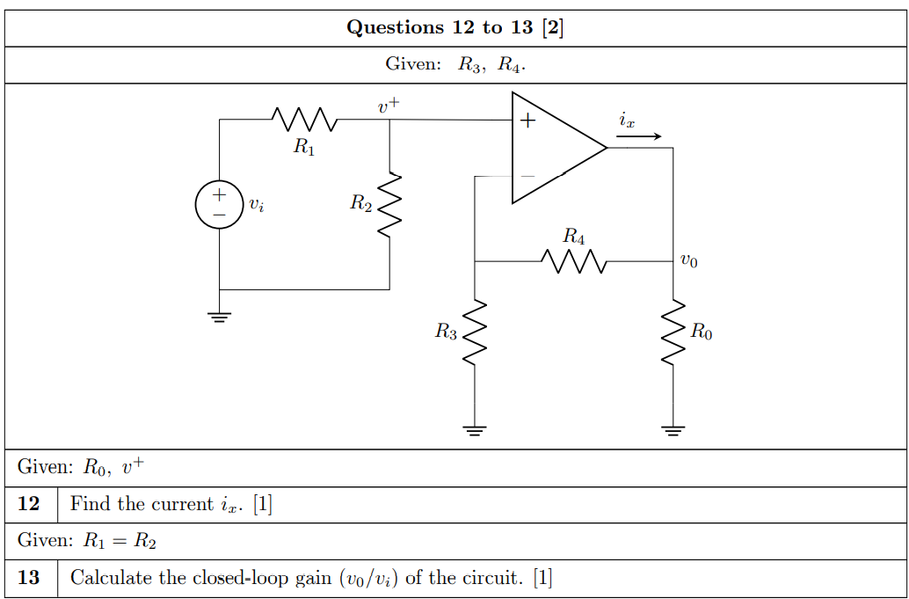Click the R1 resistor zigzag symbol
[x=303, y=119]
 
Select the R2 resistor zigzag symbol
[x=389, y=205]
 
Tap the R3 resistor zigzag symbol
[x=475, y=332]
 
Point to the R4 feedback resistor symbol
[x=573, y=261]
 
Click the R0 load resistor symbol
[x=673, y=332]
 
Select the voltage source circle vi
[x=219, y=205]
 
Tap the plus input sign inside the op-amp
[x=527, y=121]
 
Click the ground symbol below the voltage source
[x=219, y=316]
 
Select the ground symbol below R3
[x=475, y=430]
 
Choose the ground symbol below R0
[x=673, y=430]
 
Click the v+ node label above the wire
[x=389, y=106]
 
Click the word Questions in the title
[x=396, y=27]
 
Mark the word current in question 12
[x=183, y=504]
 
